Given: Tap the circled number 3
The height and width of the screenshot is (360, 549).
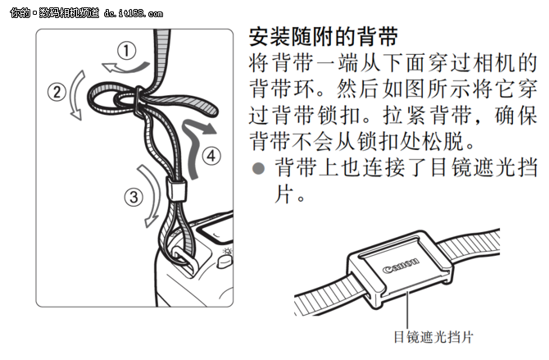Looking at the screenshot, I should (x=131, y=196).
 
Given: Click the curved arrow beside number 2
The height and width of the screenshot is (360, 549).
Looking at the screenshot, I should (x=75, y=95).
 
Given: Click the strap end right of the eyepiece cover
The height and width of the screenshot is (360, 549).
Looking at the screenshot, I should (x=483, y=241).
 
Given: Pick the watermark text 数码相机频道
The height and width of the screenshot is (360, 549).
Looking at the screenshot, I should (x=58, y=10).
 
